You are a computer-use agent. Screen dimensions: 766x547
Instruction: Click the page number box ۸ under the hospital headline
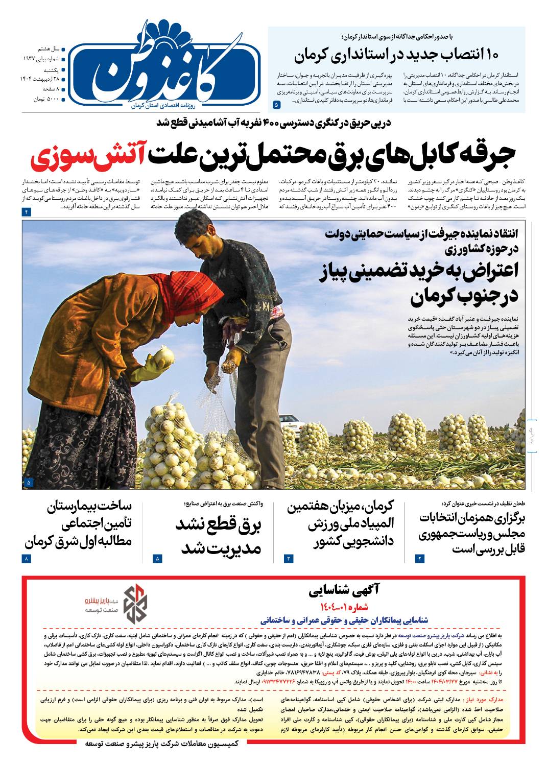pos(27,559)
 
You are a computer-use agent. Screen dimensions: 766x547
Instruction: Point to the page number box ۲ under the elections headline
pos(420,559)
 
